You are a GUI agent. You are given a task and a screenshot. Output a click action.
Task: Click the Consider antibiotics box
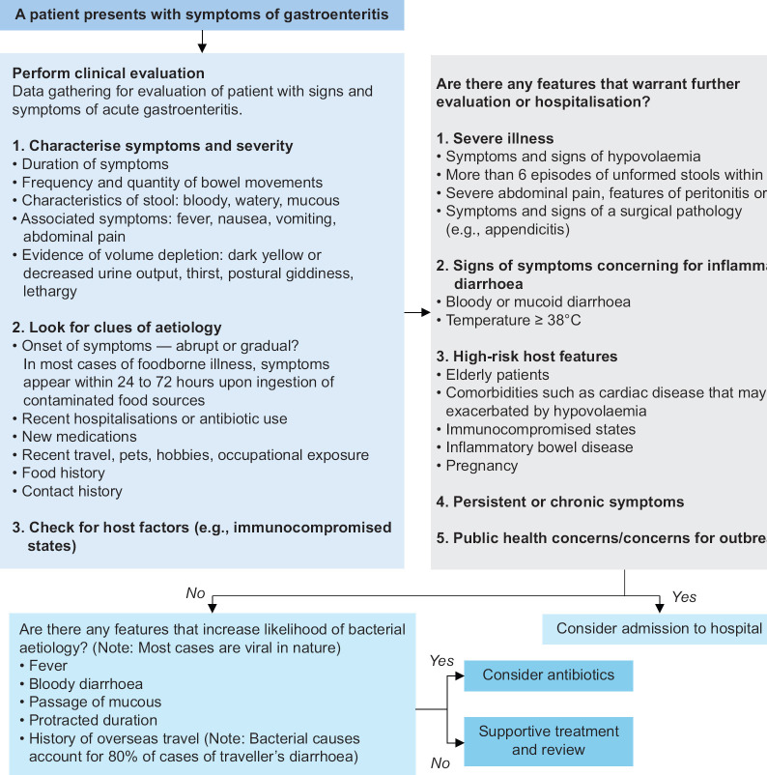click(548, 675)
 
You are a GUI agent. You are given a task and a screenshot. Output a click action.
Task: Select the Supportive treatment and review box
click(548, 740)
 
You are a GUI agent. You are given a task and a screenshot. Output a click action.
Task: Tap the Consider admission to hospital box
click(660, 628)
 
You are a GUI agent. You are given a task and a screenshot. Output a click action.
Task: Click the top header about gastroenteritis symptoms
click(202, 14)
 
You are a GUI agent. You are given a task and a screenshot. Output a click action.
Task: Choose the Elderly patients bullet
click(497, 375)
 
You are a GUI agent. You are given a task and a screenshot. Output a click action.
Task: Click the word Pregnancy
click(481, 466)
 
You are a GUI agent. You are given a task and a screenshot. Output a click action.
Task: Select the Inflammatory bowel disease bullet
click(539, 447)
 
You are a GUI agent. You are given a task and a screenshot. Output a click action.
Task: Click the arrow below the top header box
click(202, 42)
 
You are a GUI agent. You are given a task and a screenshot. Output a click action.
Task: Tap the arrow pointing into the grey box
click(416, 312)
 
